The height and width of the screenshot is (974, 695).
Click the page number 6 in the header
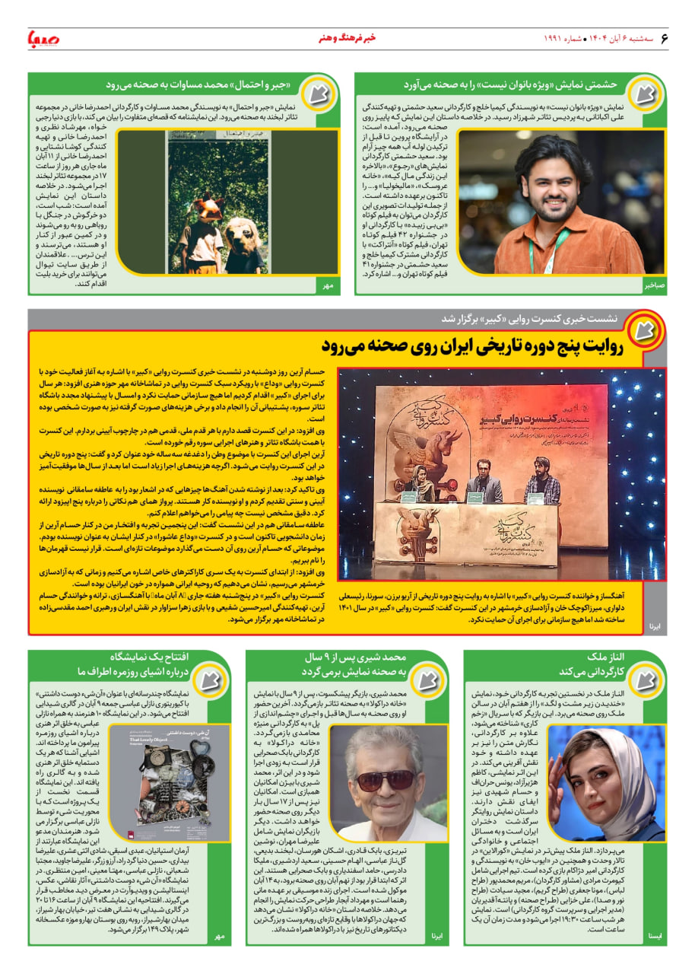pyautogui.click(x=663, y=37)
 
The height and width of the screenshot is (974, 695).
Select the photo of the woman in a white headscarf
pyautogui.click(x=605, y=782)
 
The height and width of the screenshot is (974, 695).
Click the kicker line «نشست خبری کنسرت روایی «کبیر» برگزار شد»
pyautogui.click(x=533, y=319)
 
